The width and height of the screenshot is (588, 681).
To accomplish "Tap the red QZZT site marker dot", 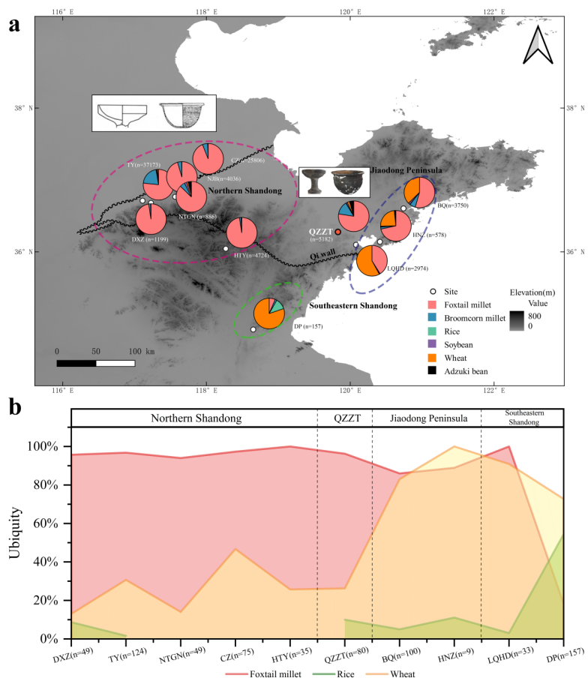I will [x=338, y=232].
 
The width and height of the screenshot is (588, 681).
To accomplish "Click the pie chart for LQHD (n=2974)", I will [x=371, y=261].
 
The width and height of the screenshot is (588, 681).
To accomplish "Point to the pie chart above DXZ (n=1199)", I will [x=151, y=219].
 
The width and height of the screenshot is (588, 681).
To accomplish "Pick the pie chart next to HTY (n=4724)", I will [x=241, y=232].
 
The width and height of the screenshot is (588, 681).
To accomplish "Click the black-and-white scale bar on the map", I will [x=96, y=363].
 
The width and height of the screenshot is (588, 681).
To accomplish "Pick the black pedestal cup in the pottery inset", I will [x=313, y=182].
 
